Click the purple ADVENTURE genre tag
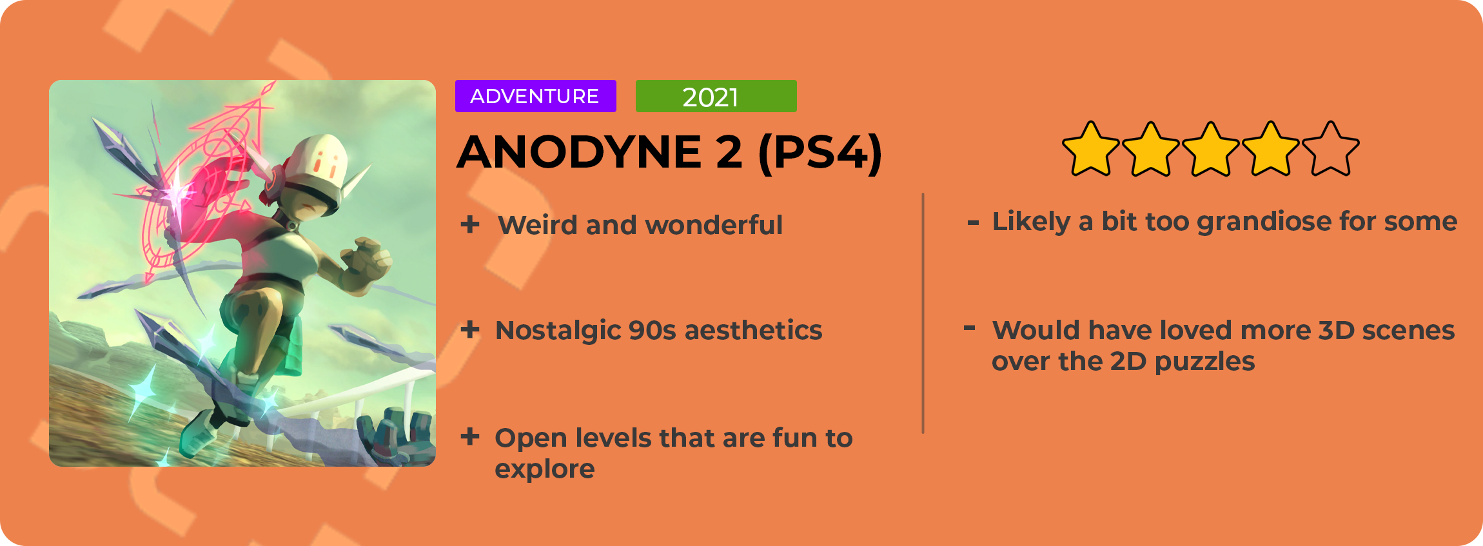click(535, 96)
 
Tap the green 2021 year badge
click(716, 96)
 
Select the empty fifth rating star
click(1331, 149)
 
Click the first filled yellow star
click(1091, 149)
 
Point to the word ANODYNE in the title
click(579, 152)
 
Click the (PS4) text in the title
click(820, 153)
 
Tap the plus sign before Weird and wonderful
click(470, 224)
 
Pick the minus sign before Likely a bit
click(974, 223)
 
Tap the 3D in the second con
click(1335, 330)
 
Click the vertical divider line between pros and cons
click(923, 313)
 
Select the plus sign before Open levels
click(470, 437)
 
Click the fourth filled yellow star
click(1271, 149)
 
